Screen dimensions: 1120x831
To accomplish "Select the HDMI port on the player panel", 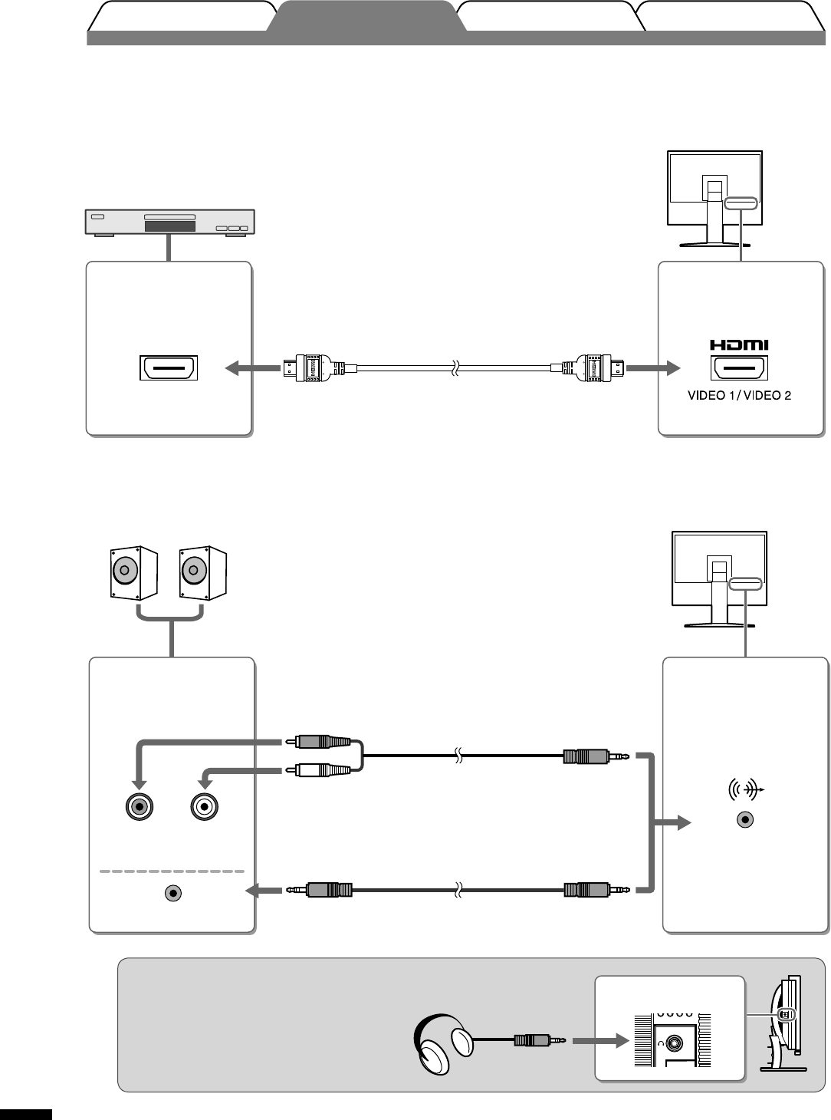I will (169, 368).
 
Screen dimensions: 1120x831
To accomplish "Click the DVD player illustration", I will (169, 222).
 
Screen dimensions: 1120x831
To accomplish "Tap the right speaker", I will (202, 572).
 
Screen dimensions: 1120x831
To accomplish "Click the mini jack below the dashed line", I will (174, 893).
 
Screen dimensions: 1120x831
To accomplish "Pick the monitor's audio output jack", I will (744, 819).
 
